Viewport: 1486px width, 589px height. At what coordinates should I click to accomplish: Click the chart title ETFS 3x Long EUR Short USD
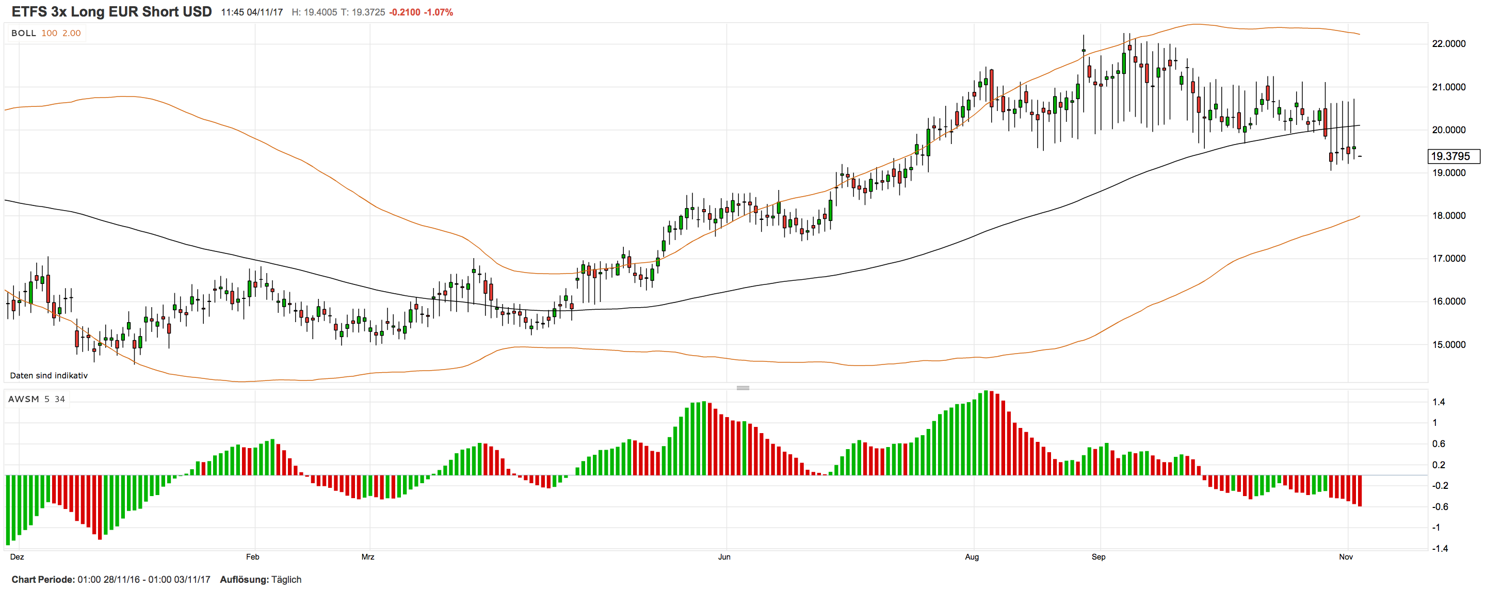pos(111,11)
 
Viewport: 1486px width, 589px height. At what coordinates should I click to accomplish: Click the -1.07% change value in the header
pos(439,12)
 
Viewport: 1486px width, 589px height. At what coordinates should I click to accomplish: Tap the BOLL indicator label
pos(24,33)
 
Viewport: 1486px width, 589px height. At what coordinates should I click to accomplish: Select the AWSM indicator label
pos(24,399)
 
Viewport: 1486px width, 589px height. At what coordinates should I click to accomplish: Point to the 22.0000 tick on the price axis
pos(1448,44)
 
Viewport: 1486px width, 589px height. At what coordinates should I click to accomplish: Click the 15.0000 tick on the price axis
pos(1448,344)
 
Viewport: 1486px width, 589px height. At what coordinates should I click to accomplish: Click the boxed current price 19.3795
pos(1450,156)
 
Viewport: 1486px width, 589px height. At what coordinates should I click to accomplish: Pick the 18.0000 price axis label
pos(1448,216)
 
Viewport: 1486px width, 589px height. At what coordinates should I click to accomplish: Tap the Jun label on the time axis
pos(724,556)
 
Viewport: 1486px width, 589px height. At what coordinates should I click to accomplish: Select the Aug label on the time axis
pos(972,556)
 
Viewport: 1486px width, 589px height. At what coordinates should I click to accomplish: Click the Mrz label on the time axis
pos(367,556)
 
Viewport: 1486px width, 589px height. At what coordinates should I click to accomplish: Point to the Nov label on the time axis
pos(1346,556)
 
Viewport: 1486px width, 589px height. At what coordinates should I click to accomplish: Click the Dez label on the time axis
pos(17,556)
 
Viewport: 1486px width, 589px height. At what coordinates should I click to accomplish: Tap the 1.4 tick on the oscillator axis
pos(1439,402)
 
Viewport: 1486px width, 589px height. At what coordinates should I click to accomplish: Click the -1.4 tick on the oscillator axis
pos(1440,549)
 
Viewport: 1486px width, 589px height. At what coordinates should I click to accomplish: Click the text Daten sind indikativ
pos(49,376)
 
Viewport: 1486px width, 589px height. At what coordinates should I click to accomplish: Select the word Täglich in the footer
pos(286,579)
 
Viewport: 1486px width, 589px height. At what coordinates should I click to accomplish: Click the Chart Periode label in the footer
pos(43,579)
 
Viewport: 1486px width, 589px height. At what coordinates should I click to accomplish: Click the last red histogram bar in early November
pos(1360,490)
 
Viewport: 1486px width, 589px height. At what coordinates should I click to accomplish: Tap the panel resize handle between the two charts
pos(743,388)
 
